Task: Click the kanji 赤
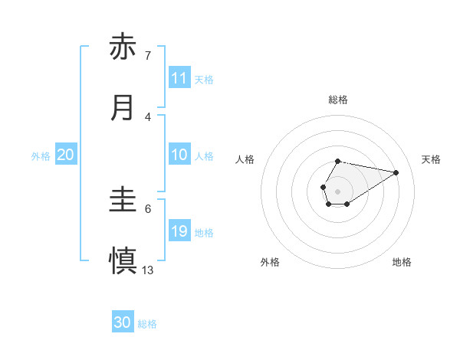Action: click(123, 47)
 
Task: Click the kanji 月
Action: click(123, 107)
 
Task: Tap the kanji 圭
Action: click(123, 201)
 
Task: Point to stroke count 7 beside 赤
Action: click(148, 56)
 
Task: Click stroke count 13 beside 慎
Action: click(148, 270)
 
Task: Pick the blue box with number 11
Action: click(179, 78)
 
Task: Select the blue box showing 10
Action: click(179, 155)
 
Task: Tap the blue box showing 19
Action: click(179, 231)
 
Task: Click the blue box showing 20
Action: click(66, 155)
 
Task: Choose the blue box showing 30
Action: click(123, 322)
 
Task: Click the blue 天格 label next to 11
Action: click(204, 79)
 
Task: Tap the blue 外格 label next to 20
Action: click(41, 155)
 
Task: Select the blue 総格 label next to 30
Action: click(147, 323)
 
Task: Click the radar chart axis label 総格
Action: click(337, 100)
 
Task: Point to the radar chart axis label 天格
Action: click(431, 159)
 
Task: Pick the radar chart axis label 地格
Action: click(402, 262)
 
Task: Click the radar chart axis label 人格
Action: click(245, 159)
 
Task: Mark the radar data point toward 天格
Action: click(396, 172)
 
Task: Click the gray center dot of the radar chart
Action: click(337, 190)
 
